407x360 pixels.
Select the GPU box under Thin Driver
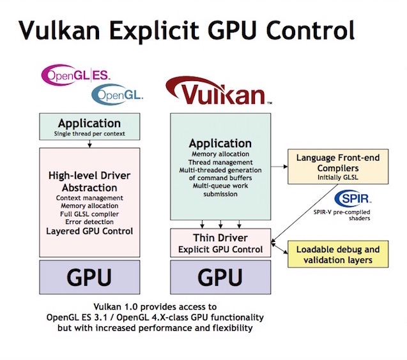(x=220, y=277)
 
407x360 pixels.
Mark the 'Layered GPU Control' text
(x=89, y=231)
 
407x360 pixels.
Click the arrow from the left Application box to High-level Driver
(x=89, y=144)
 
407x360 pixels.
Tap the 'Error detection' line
(x=89, y=223)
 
